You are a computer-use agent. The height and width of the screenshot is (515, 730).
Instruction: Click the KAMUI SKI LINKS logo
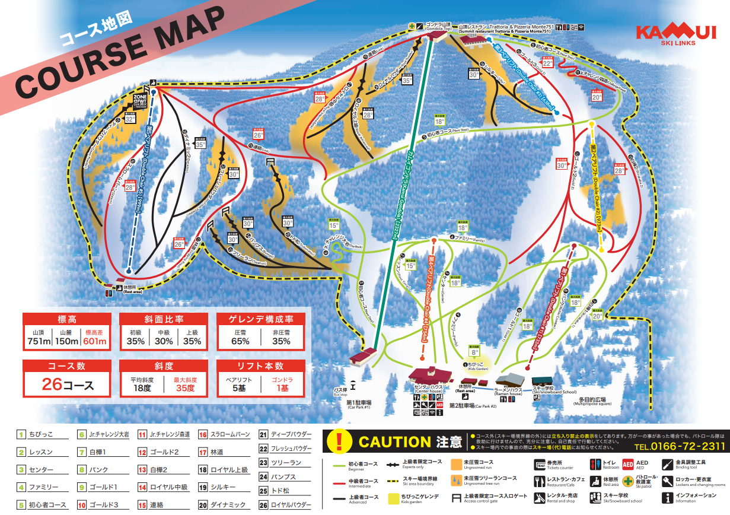[x=675, y=34]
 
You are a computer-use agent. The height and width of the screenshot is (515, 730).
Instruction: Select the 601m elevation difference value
[x=95, y=341]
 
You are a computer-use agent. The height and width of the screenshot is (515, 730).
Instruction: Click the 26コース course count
[x=67, y=384]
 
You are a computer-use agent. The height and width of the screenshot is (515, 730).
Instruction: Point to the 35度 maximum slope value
[x=186, y=388]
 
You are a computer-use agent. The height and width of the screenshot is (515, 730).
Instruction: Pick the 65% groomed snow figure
[x=240, y=341]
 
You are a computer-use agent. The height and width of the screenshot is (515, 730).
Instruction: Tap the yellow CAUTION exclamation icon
[x=339, y=441]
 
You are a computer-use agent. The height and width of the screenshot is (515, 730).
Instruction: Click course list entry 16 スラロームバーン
[x=223, y=434]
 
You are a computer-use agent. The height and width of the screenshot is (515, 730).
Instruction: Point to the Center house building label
[x=429, y=390]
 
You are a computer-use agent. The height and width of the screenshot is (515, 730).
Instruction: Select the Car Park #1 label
[x=358, y=405]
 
